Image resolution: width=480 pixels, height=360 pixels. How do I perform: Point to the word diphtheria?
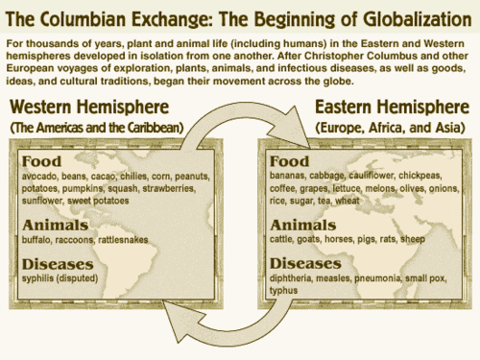[x=296, y=277]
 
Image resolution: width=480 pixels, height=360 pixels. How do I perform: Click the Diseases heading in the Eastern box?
[x=304, y=261]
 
